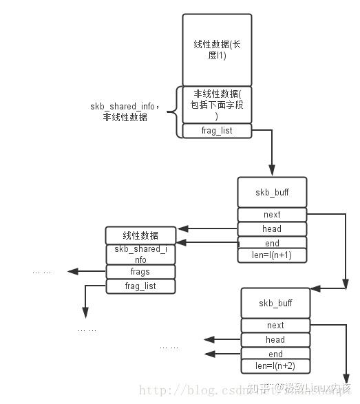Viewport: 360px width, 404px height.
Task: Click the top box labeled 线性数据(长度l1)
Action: [x=217, y=50]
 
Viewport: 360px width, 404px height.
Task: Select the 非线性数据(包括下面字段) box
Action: [x=217, y=105]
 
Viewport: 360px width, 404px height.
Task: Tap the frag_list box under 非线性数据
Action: [x=217, y=130]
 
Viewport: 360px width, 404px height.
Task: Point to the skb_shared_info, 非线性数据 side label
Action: [x=125, y=111]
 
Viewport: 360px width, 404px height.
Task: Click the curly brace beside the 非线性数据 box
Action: [x=179, y=111]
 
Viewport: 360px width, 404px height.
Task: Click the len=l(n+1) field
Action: [x=272, y=255]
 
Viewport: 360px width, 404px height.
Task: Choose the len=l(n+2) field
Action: [x=275, y=366]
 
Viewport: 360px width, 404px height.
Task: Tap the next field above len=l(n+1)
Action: [x=272, y=214]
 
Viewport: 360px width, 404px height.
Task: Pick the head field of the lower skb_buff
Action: [x=275, y=339]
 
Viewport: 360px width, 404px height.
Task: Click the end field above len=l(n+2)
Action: [x=275, y=353]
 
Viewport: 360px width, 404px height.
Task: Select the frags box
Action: [x=140, y=271]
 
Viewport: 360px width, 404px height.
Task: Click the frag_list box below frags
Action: [x=140, y=286]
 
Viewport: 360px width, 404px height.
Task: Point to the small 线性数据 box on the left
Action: [x=140, y=235]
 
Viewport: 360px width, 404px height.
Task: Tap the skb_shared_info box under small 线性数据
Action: [x=140, y=254]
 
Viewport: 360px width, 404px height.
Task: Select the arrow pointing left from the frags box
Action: [x=86, y=271]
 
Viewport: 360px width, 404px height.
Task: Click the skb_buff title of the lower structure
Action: [x=275, y=303]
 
